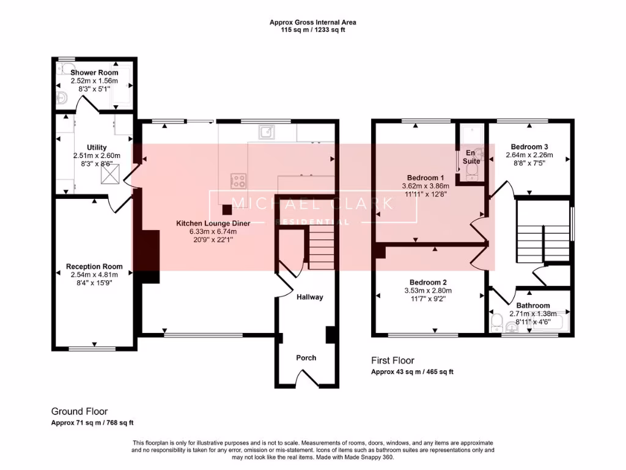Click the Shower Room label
click(x=94, y=72)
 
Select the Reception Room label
click(x=94, y=266)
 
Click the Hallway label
click(x=309, y=297)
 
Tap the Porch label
click(x=306, y=357)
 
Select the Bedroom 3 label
click(x=529, y=147)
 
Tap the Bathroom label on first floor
click(x=532, y=305)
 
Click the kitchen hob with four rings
click(x=238, y=181)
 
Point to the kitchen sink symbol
click(x=267, y=132)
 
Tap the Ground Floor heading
click(x=79, y=412)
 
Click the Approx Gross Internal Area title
click(x=313, y=23)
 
